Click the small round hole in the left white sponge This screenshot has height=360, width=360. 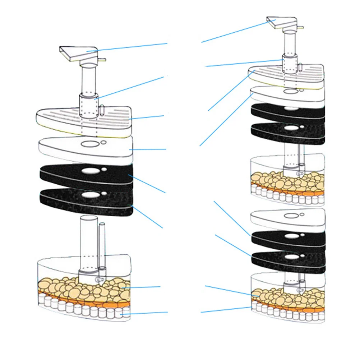(103, 142)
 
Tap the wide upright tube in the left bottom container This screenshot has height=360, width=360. (88, 237)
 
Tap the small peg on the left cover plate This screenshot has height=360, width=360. (102, 109)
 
